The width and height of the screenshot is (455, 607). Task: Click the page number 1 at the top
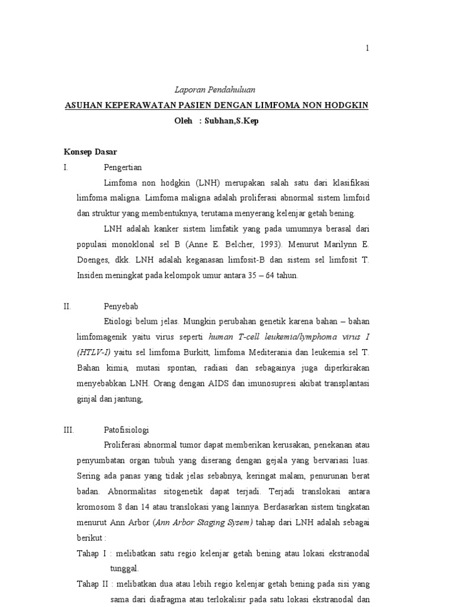click(367, 49)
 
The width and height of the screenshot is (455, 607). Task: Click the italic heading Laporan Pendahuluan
click(215, 90)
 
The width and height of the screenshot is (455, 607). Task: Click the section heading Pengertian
click(123, 167)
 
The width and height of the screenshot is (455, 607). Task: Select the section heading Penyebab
click(120, 306)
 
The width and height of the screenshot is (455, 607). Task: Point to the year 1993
click(254, 244)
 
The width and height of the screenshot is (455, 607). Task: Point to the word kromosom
click(96, 506)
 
